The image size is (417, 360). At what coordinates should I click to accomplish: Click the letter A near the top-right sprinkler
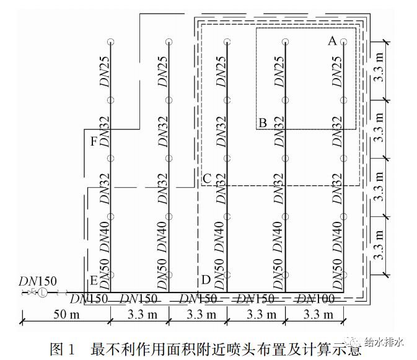pyautogui.click(x=332, y=42)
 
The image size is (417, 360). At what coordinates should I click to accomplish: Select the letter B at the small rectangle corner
pyautogui.click(x=263, y=123)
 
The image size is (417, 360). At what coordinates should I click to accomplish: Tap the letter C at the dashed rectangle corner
pyautogui.click(x=207, y=179)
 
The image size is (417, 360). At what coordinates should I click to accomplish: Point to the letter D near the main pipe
pyautogui.click(x=206, y=280)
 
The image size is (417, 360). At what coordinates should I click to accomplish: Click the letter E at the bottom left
pyautogui.click(x=94, y=281)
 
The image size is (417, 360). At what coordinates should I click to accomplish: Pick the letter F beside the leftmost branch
pyautogui.click(x=94, y=142)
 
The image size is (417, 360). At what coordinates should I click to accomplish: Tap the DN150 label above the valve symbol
pyautogui.click(x=34, y=279)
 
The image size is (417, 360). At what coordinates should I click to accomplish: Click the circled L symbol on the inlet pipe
pyautogui.click(x=42, y=292)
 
